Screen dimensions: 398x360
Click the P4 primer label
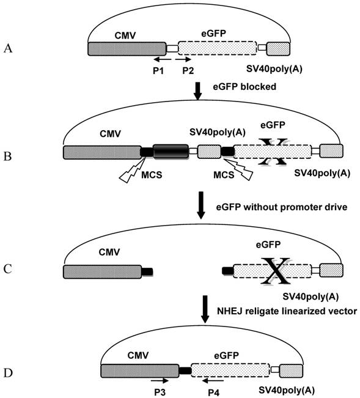pos(215,391)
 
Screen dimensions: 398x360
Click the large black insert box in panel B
pos(171,151)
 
